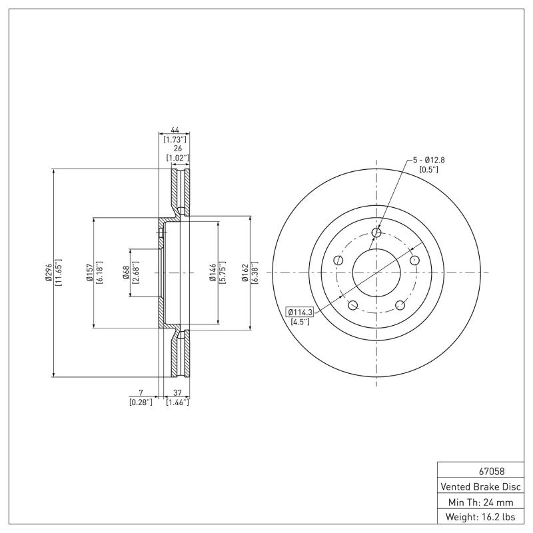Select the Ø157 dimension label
89,272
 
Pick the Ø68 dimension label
126,272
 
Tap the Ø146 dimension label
211,272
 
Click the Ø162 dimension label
245,272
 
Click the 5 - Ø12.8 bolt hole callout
428,160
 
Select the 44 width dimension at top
175,130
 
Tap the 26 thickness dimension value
178,149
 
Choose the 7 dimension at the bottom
141,393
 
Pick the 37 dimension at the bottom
177,393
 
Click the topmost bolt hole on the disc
376,233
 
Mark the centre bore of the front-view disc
376,272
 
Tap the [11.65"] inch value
59,272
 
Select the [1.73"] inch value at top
175,139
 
